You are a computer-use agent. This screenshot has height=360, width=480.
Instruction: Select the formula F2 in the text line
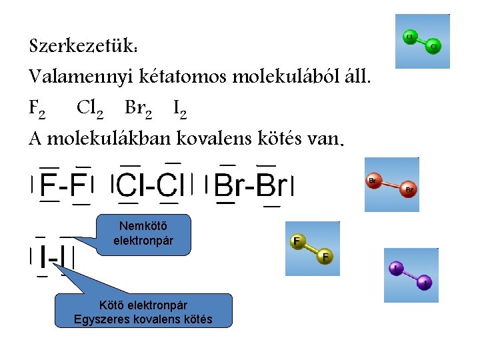tap(37, 107)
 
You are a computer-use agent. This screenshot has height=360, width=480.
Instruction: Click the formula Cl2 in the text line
tap(88, 107)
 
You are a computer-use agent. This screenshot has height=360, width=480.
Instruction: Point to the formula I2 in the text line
tap(179, 107)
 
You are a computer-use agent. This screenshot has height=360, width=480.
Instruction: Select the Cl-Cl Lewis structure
tap(152, 184)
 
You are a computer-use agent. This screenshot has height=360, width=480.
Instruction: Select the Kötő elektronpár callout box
tap(143, 311)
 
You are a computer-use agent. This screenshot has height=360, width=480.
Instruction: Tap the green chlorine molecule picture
tap(422, 41)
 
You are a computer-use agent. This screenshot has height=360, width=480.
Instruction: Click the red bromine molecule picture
tap(392, 185)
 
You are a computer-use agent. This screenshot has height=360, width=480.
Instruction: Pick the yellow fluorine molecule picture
tap(312, 248)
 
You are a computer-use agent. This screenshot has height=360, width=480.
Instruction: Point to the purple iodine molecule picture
tap(411, 275)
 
